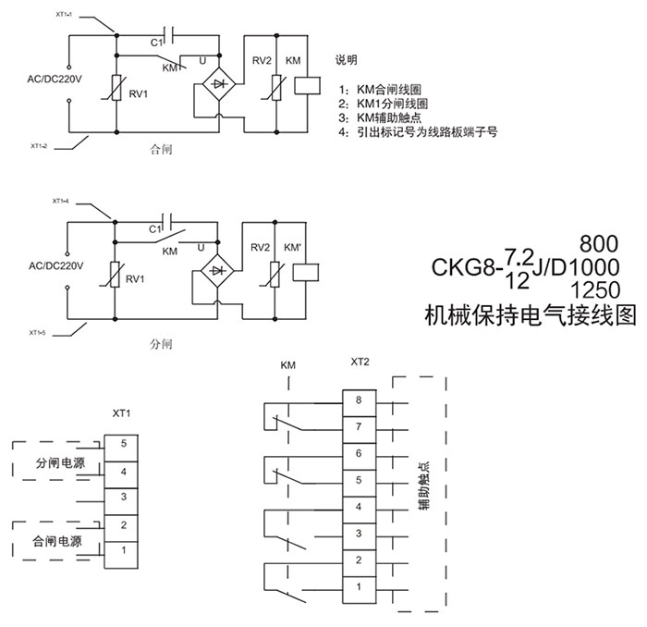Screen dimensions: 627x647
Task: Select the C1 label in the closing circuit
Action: pos(156,42)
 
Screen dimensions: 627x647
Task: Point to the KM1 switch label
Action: pos(172,68)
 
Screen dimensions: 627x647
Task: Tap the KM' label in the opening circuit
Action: pos(293,249)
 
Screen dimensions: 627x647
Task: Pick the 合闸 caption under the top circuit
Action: pos(161,148)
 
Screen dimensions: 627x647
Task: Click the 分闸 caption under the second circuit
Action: pos(161,344)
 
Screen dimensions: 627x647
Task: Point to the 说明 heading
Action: pos(347,60)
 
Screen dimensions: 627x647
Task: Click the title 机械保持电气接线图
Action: pos(530,316)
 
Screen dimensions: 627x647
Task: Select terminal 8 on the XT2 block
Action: pos(358,400)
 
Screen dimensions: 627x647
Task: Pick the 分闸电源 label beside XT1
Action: pos(59,463)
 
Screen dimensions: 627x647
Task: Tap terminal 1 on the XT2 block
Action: pos(358,586)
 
